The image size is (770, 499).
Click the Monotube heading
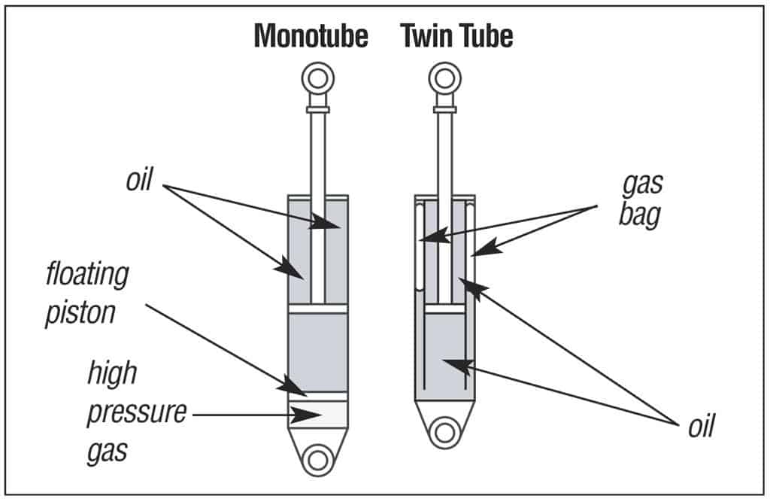pyautogui.click(x=311, y=35)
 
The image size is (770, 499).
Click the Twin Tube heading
pyautogui.click(x=456, y=35)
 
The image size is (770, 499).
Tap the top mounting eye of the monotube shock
pyautogui.click(x=317, y=78)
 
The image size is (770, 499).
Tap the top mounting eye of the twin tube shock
pyautogui.click(x=444, y=78)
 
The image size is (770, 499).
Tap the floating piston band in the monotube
pyautogui.click(x=318, y=395)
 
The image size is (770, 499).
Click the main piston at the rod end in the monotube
pyautogui.click(x=318, y=308)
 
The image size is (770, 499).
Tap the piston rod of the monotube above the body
pyautogui.click(x=318, y=151)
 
